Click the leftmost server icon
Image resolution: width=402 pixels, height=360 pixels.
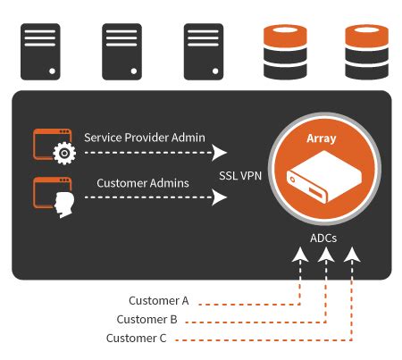tap(40, 52)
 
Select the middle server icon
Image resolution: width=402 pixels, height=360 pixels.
tap(121, 52)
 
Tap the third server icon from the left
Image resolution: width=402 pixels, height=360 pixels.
tap(204, 52)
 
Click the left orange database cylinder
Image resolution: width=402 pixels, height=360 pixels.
tap(285, 52)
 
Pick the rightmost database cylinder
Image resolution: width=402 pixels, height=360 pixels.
tap(367, 52)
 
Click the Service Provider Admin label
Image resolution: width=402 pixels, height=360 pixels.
tap(145, 138)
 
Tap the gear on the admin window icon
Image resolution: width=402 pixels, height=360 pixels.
tap(64, 154)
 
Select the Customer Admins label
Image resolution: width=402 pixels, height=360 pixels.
tap(143, 183)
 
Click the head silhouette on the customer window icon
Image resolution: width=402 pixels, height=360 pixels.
tap(64, 205)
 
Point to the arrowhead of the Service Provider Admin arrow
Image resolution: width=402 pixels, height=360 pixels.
tap(219, 153)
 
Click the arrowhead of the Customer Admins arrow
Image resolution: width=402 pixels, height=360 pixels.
tap(219, 197)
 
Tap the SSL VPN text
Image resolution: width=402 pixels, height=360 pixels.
tap(240, 176)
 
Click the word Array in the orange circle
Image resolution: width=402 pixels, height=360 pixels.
tap(322, 138)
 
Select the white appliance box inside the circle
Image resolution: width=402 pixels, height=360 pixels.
tap(324, 177)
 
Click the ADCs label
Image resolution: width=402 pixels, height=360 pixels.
tap(323, 239)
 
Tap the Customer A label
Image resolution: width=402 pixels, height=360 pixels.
tap(159, 301)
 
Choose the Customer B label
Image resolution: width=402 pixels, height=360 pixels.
tap(147, 320)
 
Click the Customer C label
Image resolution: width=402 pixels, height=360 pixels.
tap(136, 339)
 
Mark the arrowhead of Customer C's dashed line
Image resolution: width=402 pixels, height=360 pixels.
tap(352, 255)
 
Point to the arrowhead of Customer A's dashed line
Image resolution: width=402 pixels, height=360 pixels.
tap(300, 255)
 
